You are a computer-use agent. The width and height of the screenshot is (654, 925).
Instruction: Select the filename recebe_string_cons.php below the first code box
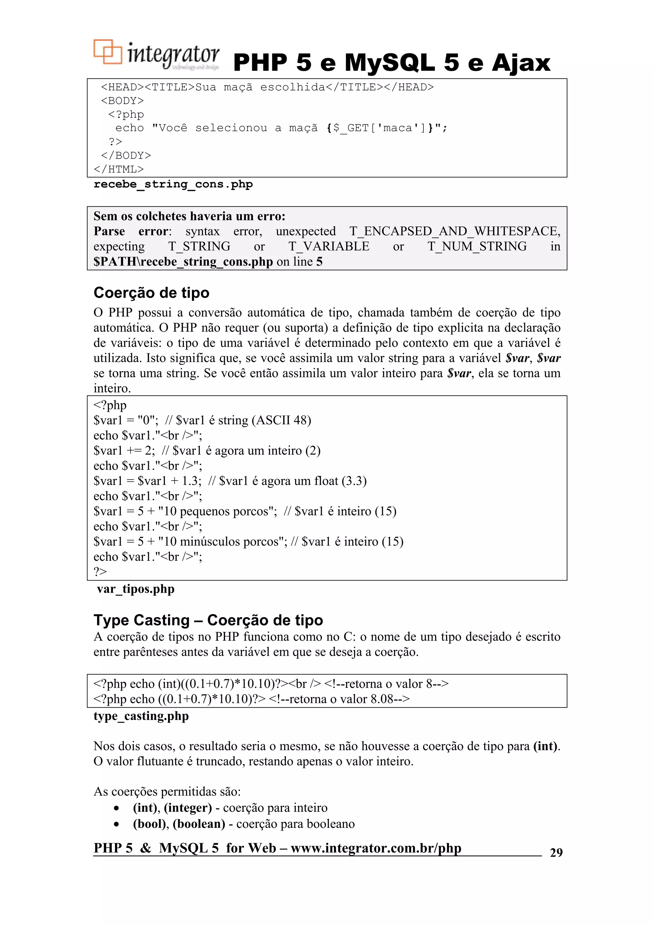click(173, 185)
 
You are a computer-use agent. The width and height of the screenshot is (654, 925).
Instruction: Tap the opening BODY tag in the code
click(122, 101)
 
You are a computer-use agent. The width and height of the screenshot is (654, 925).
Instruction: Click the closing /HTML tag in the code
click(118, 169)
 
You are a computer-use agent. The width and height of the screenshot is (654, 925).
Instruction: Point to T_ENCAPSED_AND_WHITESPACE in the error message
click(454, 231)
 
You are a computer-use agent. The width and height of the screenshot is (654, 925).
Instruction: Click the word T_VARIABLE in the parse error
click(328, 246)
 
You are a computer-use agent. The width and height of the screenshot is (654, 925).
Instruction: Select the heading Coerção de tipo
click(151, 293)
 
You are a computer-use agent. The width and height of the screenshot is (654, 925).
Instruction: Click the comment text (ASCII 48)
click(281, 420)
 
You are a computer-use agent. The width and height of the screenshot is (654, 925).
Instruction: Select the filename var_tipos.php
click(135, 589)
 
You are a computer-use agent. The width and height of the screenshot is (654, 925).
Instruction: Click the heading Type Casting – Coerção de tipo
click(208, 620)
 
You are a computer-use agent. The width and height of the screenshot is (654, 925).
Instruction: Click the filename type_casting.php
click(141, 716)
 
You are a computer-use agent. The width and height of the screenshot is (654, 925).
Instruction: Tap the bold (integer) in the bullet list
click(188, 808)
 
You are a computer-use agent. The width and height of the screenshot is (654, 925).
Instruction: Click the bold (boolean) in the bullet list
click(199, 824)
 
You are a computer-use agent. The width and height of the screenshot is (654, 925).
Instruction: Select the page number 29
click(556, 853)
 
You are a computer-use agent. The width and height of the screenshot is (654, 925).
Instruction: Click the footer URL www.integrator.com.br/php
click(376, 848)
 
